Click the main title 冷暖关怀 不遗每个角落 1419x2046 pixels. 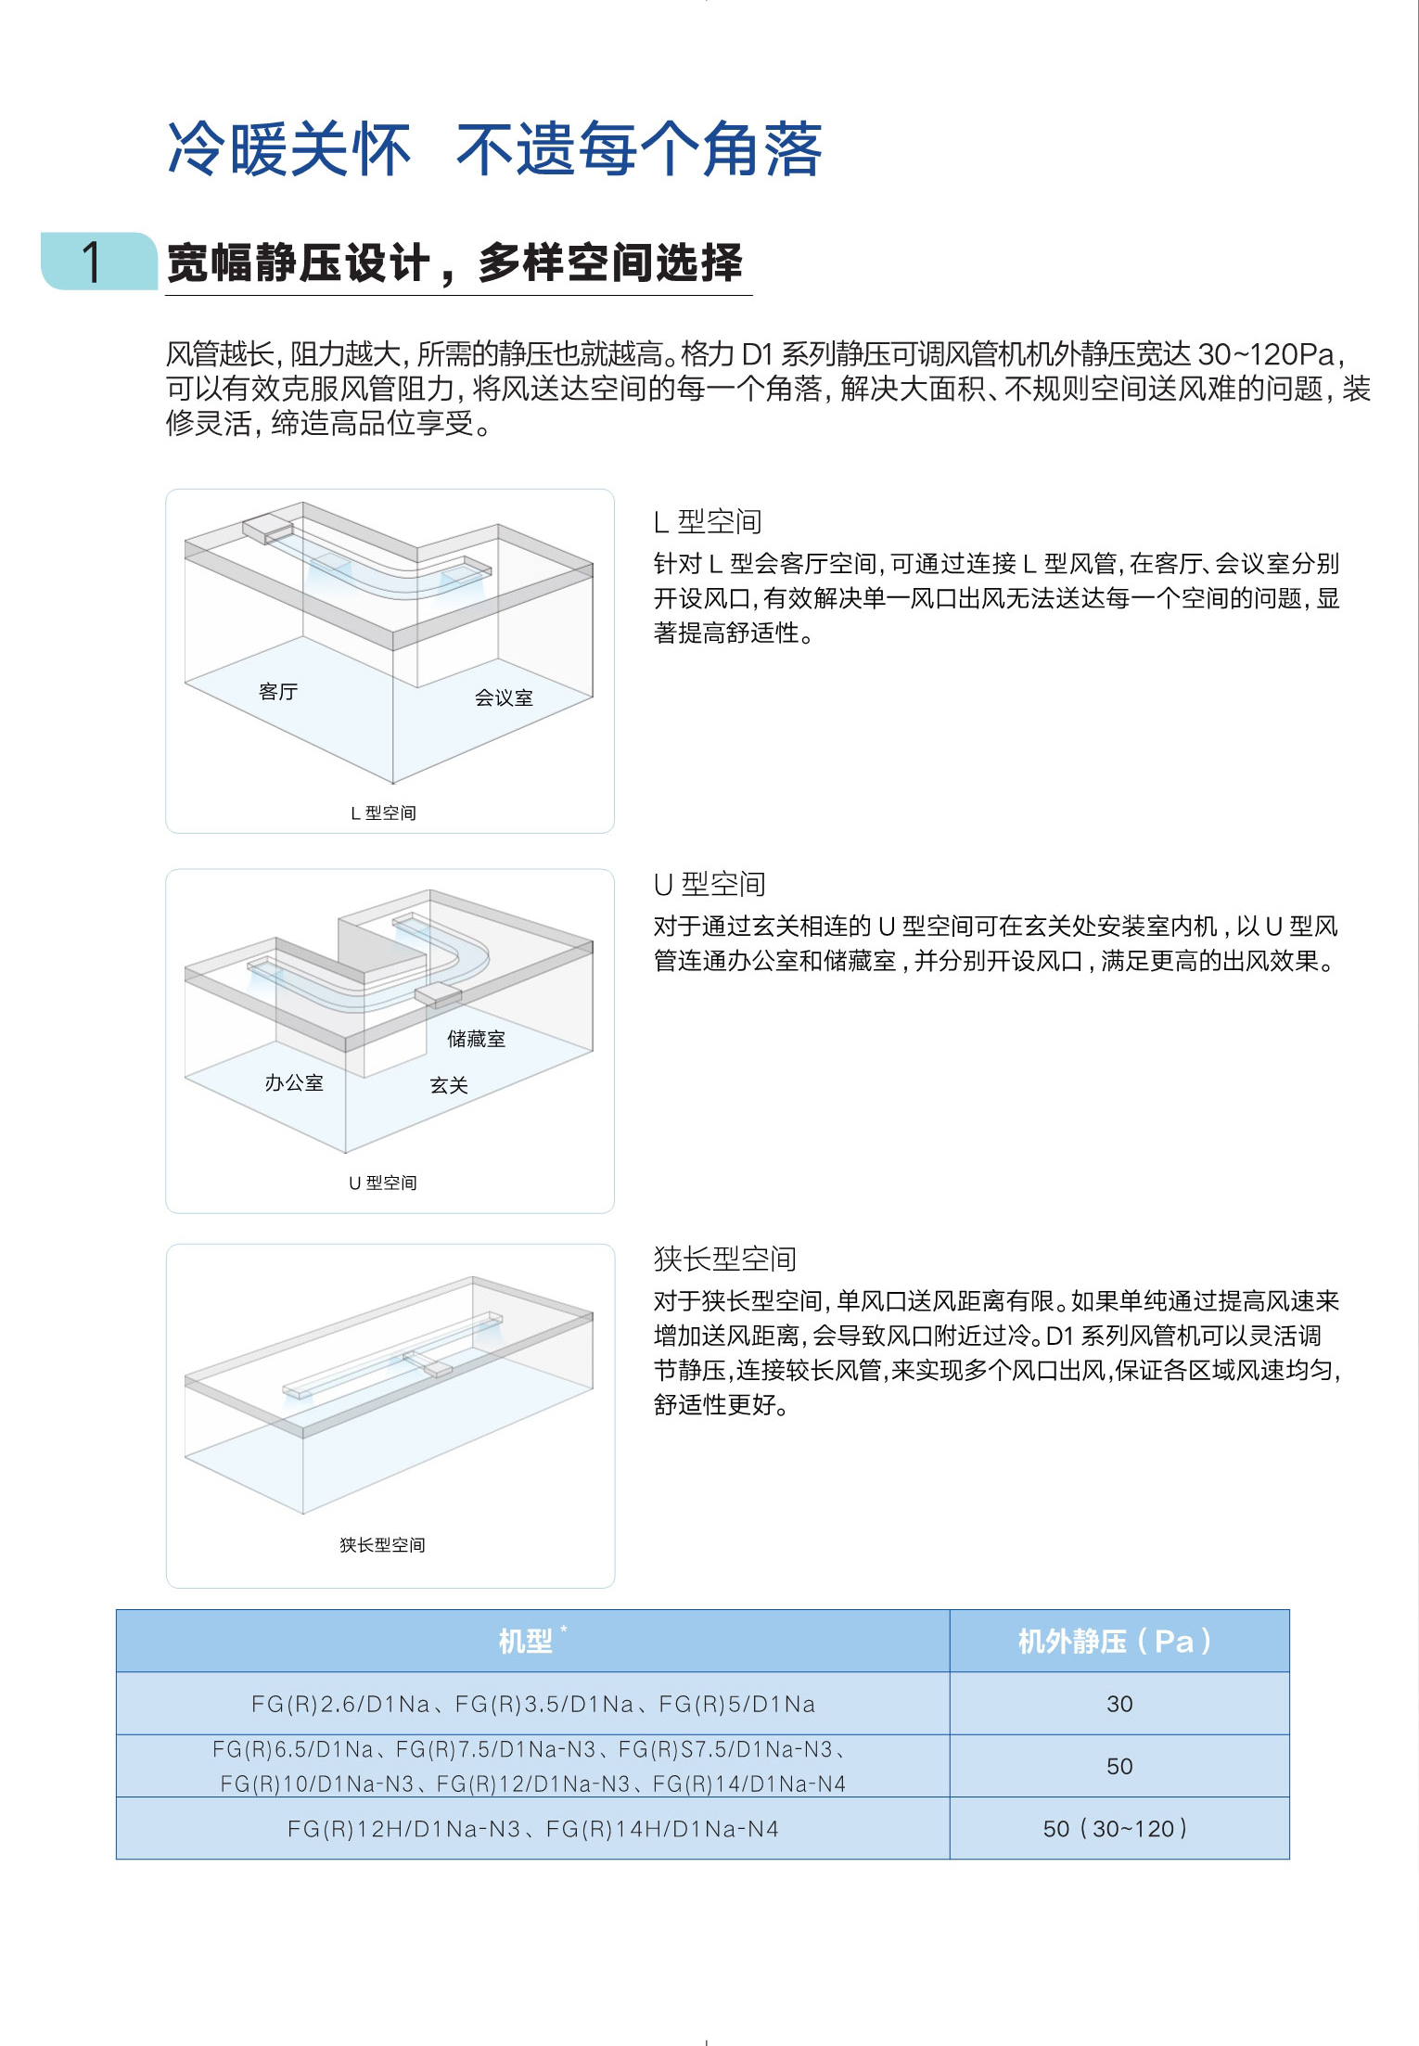(494, 149)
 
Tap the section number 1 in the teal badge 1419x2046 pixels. (92, 262)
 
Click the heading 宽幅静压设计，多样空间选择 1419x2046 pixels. (454, 262)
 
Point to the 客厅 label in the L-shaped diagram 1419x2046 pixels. (278, 692)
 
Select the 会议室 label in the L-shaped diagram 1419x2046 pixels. (504, 698)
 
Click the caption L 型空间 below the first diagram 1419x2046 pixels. (383, 813)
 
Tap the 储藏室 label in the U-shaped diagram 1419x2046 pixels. (476, 1039)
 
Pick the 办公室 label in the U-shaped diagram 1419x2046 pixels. (294, 1083)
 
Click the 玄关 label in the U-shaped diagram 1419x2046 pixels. (449, 1085)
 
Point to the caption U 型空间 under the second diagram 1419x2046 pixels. (383, 1183)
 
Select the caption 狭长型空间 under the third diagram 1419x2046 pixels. (382, 1545)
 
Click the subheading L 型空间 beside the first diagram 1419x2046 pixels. (708, 522)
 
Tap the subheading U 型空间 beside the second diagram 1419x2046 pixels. (709, 885)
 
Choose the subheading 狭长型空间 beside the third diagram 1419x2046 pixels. (725, 1259)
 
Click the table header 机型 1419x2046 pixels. (526, 1642)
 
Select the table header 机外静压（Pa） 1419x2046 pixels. (1116, 1642)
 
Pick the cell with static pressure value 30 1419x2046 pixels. (1119, 1704)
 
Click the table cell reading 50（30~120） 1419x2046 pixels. (1116, 1829)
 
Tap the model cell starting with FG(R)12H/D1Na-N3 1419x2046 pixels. (533, 1829)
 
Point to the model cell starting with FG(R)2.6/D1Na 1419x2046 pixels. (533, 1704)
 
